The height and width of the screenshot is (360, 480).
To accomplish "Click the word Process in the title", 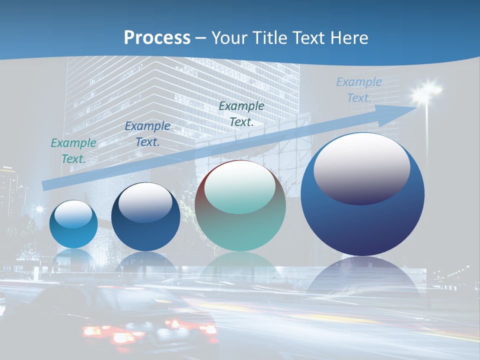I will coord(157,38).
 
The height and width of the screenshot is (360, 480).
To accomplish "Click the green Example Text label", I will coord(73,150).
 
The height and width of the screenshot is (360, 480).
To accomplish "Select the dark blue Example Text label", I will coord(147,133).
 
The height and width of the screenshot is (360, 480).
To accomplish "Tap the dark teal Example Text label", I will coord(241,113).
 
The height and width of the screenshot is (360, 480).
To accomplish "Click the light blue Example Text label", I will coord(359,89).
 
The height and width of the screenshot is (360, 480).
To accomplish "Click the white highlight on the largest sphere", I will coord(361,167).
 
